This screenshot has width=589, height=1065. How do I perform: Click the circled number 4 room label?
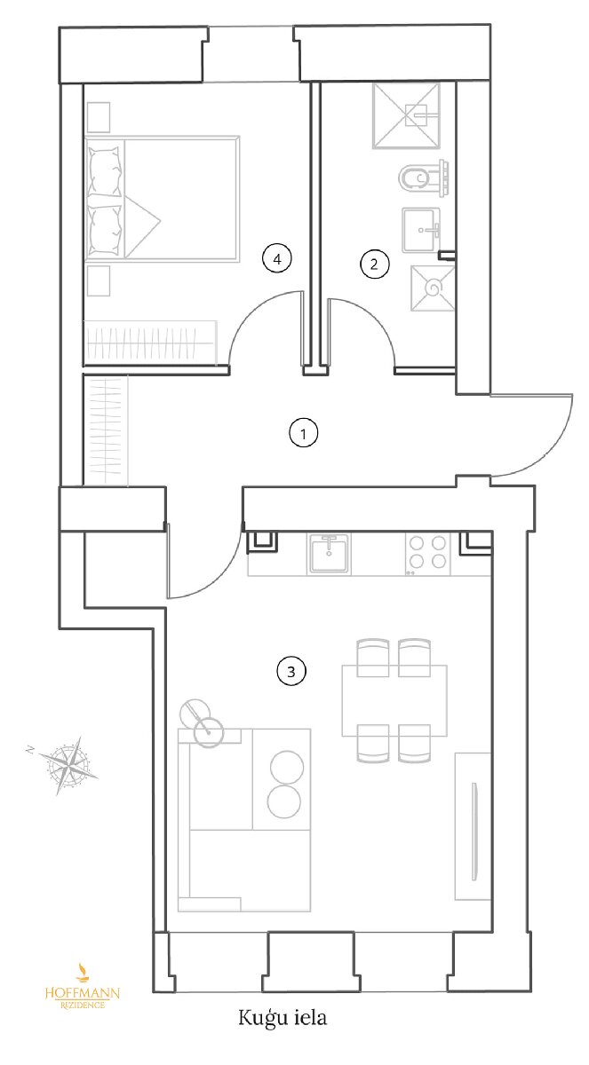click(x=277, y=258)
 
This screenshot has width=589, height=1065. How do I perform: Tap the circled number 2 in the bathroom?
click(x=374, y=264)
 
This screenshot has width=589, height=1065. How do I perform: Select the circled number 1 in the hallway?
click(x=303, y=433)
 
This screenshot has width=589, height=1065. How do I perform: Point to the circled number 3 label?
click(x=291, y=671)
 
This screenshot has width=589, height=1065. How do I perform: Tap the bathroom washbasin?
click(x=421, y=230)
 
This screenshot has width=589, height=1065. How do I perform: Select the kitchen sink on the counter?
click(x=329, y=553)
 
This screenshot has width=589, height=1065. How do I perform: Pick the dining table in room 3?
click(x=394, y=700)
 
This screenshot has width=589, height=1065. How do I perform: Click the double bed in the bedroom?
click(x=162, y=199)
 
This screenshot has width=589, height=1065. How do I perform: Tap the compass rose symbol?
click(x=68, y=764)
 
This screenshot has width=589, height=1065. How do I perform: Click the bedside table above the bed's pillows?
click(x=99, y=117)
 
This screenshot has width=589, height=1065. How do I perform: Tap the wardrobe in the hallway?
click(x=105, y=430)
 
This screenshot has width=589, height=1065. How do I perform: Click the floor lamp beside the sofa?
click(x=202, y=723)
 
